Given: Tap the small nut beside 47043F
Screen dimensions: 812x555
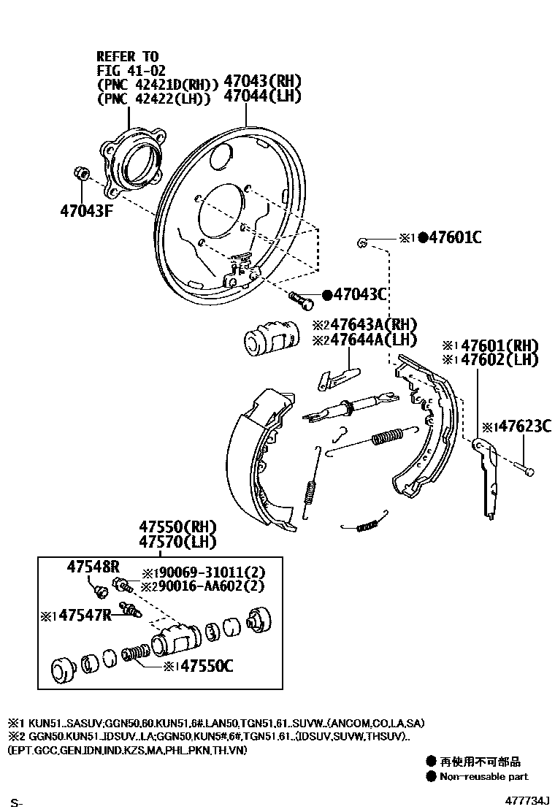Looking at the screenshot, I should tap(82, 174).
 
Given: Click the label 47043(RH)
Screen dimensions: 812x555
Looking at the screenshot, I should tap(262, 80).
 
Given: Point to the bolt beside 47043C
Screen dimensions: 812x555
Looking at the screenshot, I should tap(299, 296).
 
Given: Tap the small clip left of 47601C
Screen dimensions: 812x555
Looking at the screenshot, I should tap(361, 242).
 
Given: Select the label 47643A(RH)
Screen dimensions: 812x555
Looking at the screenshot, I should tap(364, 323).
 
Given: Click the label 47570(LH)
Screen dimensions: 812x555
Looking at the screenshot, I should tap(180, 542).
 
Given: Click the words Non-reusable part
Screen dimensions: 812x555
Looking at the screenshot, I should tap(483, 776).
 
